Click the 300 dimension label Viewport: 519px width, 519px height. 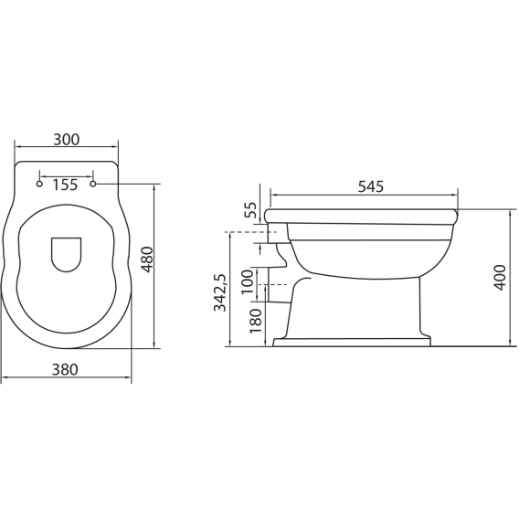[67, 140]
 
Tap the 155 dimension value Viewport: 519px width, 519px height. [65, 185]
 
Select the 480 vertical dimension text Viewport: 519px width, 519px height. [148, 259]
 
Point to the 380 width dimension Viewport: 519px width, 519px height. [65, 369]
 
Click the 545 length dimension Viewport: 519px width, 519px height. [371, 187]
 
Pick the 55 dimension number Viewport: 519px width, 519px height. [250, 210]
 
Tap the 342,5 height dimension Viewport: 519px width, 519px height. [220, 292]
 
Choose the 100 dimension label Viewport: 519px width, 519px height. [248, 281]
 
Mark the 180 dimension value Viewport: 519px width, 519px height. [256, 321]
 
